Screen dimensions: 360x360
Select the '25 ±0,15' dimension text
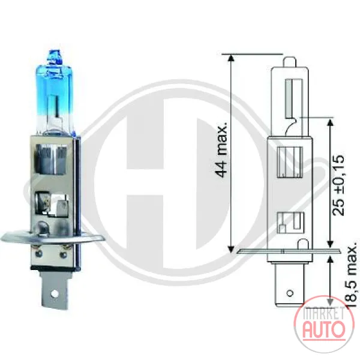339,185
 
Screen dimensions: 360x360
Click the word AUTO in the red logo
324,329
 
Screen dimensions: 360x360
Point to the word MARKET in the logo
323,313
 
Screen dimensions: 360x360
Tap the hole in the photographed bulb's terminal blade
55,293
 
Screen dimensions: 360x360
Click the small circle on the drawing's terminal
290,293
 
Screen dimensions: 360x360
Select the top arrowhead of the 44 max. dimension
231,58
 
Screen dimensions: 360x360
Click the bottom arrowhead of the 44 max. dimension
231,249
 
